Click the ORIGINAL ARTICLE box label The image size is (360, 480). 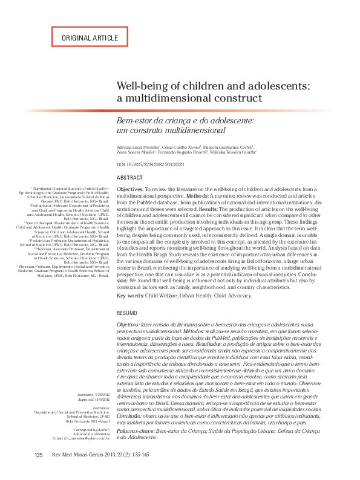tap(90, 38)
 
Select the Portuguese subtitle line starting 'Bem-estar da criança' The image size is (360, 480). tap(185, 121)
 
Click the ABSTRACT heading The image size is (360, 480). tap(129, 178)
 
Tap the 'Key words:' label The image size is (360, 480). tap(129, 296)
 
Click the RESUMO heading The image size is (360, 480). tap(126, 313)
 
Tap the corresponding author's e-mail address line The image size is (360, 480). tap(82, 437)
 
